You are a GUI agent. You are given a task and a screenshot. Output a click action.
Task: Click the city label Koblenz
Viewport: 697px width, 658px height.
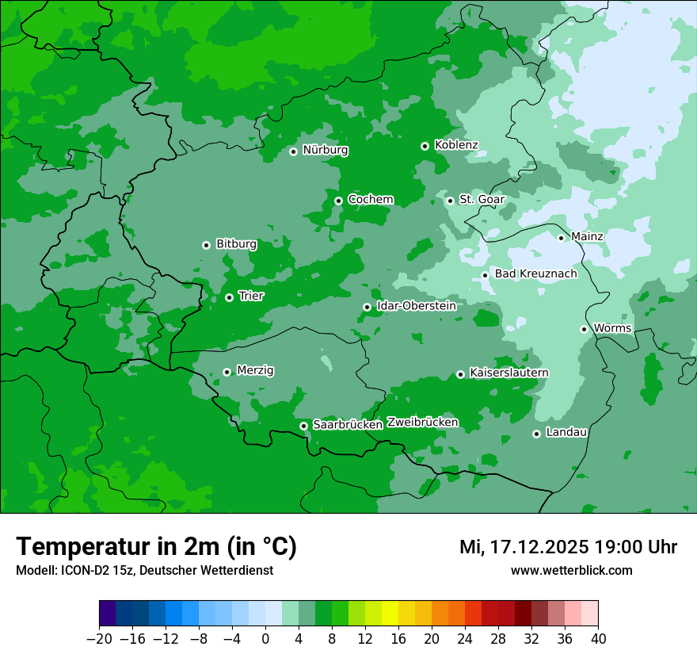pos(456,145)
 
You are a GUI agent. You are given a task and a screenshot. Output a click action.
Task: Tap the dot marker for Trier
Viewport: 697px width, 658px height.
pos(229,297)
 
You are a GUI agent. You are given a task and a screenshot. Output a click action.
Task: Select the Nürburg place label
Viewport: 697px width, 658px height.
pos(326,150)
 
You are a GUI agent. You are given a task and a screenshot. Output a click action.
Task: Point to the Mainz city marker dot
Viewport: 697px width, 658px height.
pos(561,238)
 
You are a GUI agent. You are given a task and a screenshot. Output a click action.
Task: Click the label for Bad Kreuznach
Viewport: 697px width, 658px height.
pos(535,274)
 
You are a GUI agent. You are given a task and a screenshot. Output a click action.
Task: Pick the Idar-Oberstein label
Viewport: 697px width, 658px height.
pos(417,305)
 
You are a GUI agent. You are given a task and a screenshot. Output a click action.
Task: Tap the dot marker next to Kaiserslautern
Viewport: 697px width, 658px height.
pos(460,374)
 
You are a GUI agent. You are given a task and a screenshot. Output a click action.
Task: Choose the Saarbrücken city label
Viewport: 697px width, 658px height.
pos(348,425)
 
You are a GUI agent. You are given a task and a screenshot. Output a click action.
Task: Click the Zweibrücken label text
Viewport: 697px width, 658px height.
pos(422,423)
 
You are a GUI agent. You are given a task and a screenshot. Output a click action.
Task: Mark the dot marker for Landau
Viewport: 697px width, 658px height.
pos(536,434)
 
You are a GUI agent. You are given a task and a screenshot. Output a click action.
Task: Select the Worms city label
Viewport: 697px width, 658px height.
pos(612,328)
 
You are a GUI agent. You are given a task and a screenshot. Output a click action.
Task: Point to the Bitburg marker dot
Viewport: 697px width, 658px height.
pos(206,245)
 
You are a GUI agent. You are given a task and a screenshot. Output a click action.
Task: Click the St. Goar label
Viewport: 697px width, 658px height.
pos(482,199)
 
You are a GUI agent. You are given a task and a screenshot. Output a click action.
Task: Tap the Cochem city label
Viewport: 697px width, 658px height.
pos(371,199)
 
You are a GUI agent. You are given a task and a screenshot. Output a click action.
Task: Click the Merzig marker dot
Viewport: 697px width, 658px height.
pos(227,372)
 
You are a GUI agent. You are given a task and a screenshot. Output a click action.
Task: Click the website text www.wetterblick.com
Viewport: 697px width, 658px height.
pos(571,570)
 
